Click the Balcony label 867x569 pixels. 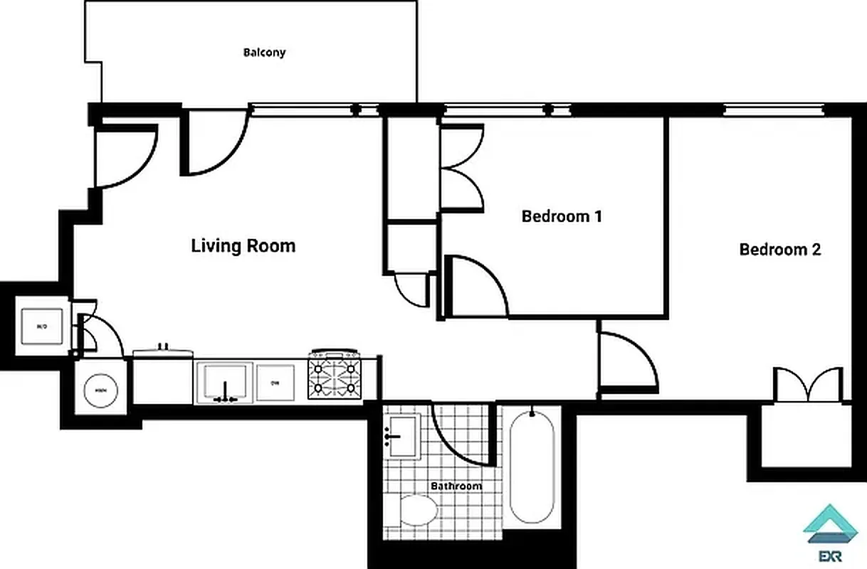pyautogui.click(x=264, y=53)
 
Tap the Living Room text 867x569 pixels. pyautogui.click(x=243, y=246)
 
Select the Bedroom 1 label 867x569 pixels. pyautogui.click(x=562, y=216)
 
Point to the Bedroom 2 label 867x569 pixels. pyautogui.click(x=779, y=250)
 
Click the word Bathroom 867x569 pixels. pyautogui.click(x=456, y=486)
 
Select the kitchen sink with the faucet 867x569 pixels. pyautogui.click(x=224, y=383)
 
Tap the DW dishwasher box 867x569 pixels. pyautogui.click(x=275, y=383)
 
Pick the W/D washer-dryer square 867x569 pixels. pyautogui.click(x=42, y=326)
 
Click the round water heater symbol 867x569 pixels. pyautogui.click(x=100, y=390)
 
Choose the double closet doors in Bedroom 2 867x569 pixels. pyautogui.click(x=808, y=385)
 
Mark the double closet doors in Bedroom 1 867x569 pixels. pyautogui.click(x=461, y=167)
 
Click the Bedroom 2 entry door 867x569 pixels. pyautogui.click(x=626, y=362)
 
